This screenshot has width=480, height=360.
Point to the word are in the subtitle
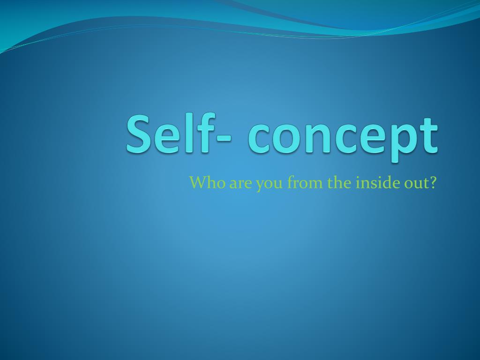coord(240,183)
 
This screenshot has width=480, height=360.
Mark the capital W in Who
coord(196,182)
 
